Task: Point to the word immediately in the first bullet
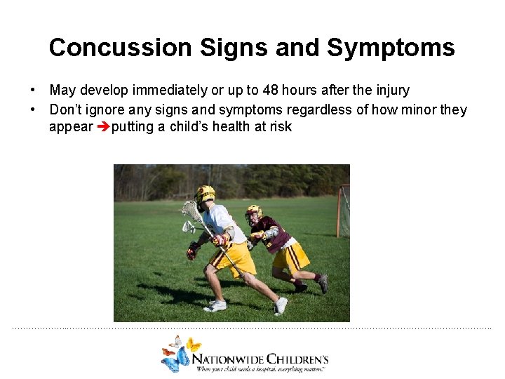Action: tap(175, 90)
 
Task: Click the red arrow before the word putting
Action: tap(102, 127)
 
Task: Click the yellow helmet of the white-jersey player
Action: tap(205, 193)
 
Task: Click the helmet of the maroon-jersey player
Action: tap(253, 212)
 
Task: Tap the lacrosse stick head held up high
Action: tap(190, 211)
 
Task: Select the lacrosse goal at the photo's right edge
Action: tap(342, 211)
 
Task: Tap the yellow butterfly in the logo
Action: tap(193, 345)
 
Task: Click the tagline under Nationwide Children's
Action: tap(261, 368)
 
